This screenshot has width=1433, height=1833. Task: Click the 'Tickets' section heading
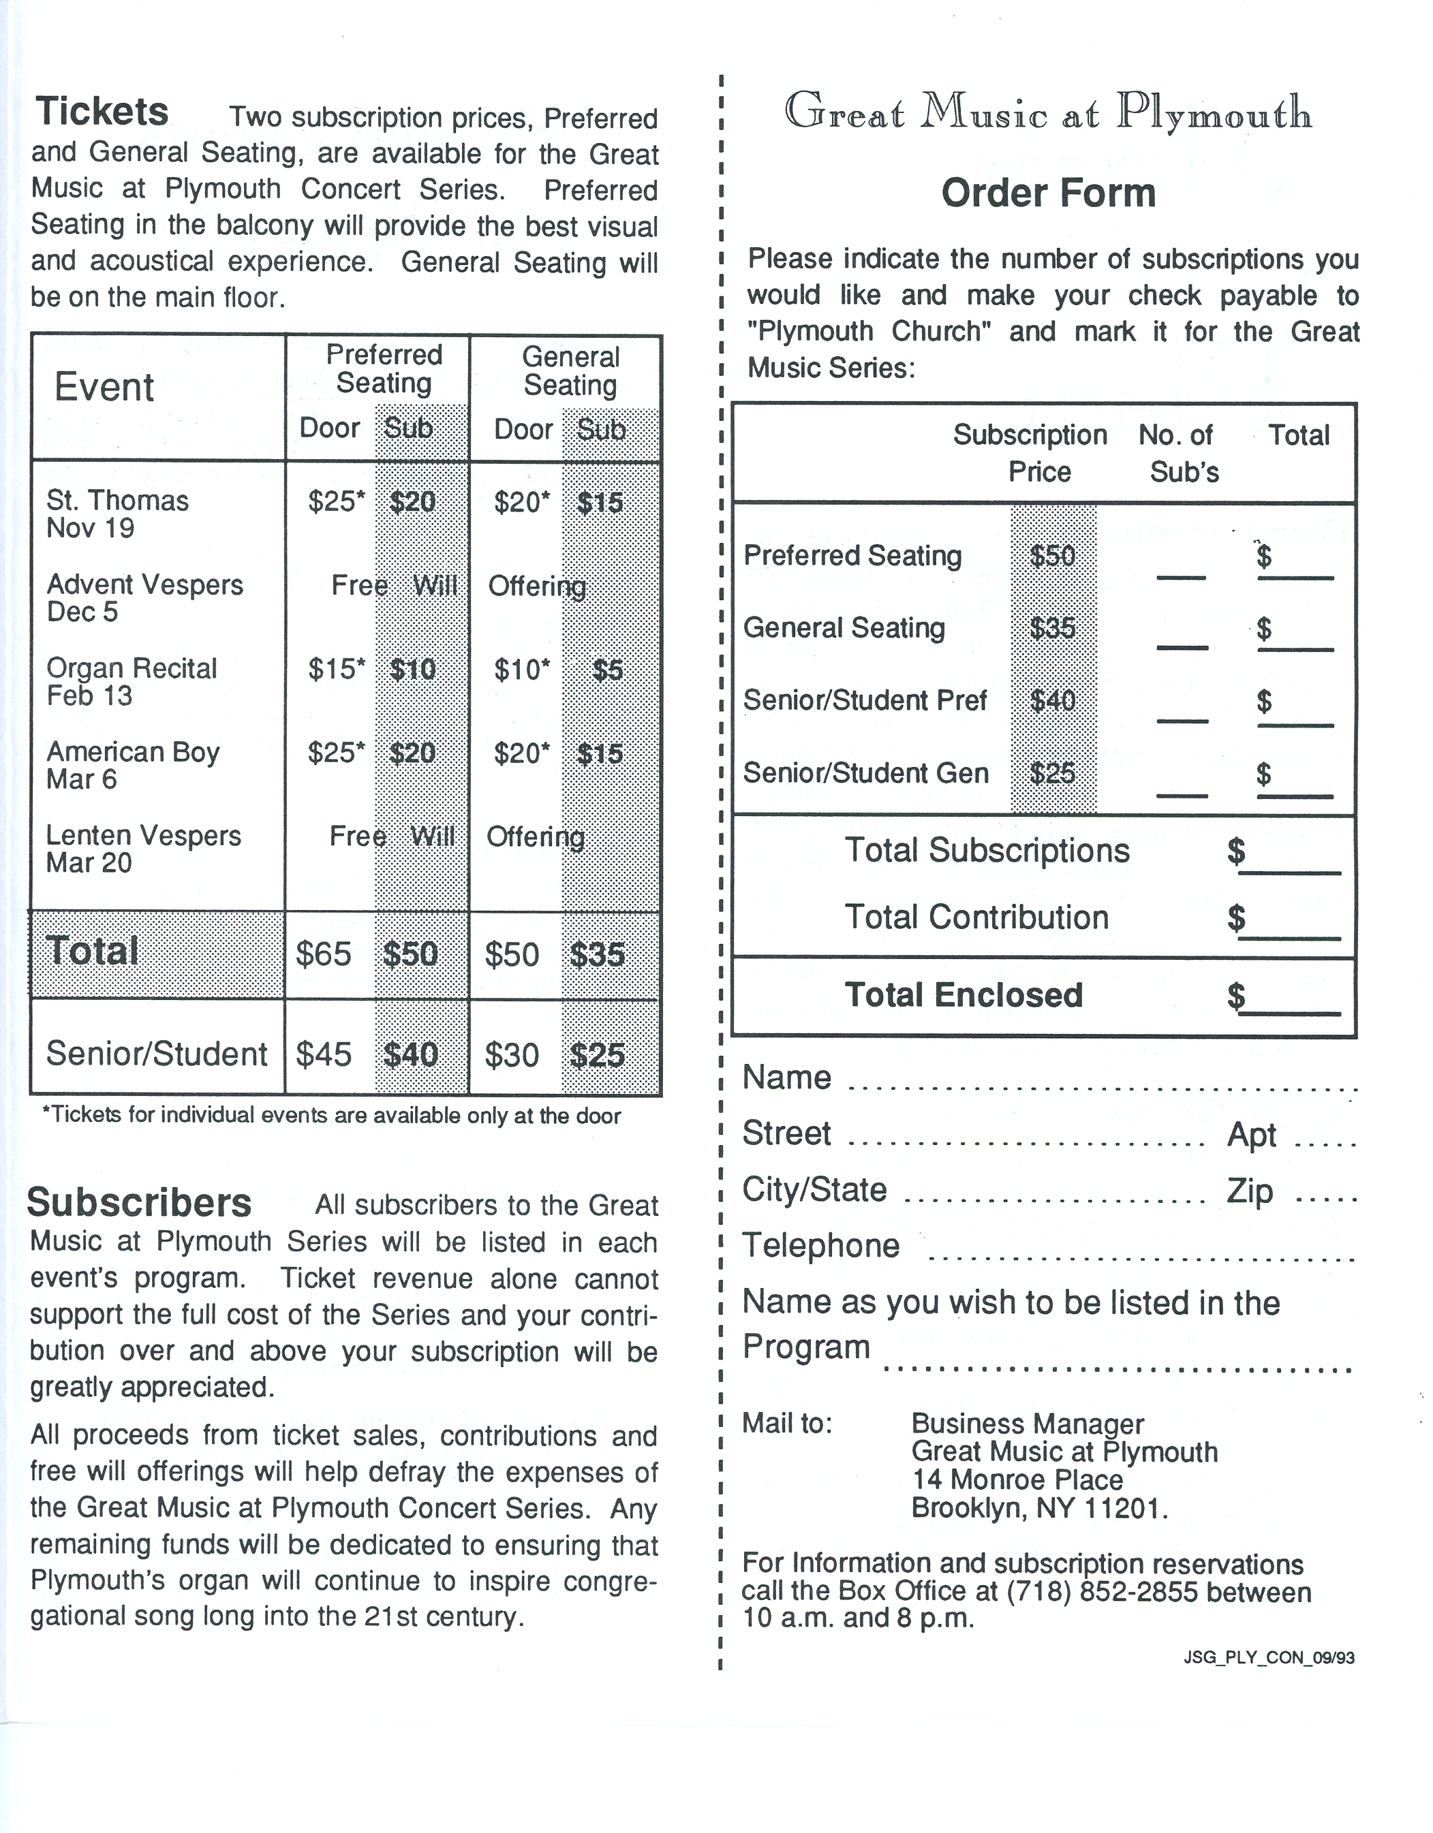tap(102, 112)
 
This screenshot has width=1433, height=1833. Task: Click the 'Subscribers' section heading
tap(140, 1203)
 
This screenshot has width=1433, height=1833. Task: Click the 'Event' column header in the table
tap(104, 388)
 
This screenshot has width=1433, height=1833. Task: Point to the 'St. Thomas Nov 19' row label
tap(117, 514)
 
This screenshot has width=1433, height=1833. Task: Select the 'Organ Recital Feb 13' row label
tap(131, 681)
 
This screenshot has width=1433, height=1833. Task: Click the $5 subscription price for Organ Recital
tap(607, 670)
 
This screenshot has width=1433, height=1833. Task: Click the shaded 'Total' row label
tap(93, 952)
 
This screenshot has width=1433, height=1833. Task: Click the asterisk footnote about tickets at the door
tap(332, 1116)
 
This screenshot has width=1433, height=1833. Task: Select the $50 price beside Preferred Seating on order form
tap(1052, 556)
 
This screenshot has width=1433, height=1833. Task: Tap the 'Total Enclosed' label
tap(964, 995)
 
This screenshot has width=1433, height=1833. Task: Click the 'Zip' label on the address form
tap(1249, 1191)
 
